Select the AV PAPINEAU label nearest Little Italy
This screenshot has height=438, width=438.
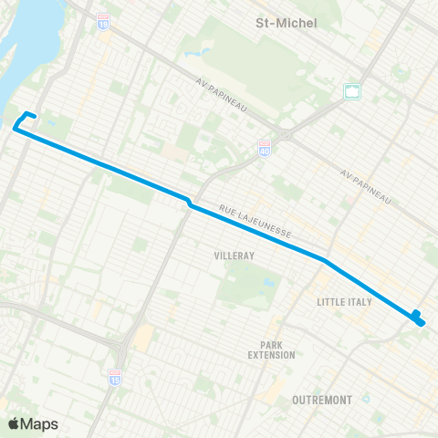point(366,185)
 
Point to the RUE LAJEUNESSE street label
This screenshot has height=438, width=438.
point(255,223)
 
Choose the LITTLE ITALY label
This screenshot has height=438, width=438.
point(344,301)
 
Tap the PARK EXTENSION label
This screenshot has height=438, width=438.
point(276,349)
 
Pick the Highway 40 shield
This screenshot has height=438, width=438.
point(265,146)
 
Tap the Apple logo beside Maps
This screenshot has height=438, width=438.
point(15,423)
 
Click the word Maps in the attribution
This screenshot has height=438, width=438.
point(39,423)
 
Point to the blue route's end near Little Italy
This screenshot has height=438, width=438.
point(418,318)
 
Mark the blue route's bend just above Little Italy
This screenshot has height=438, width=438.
point(324,260)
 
